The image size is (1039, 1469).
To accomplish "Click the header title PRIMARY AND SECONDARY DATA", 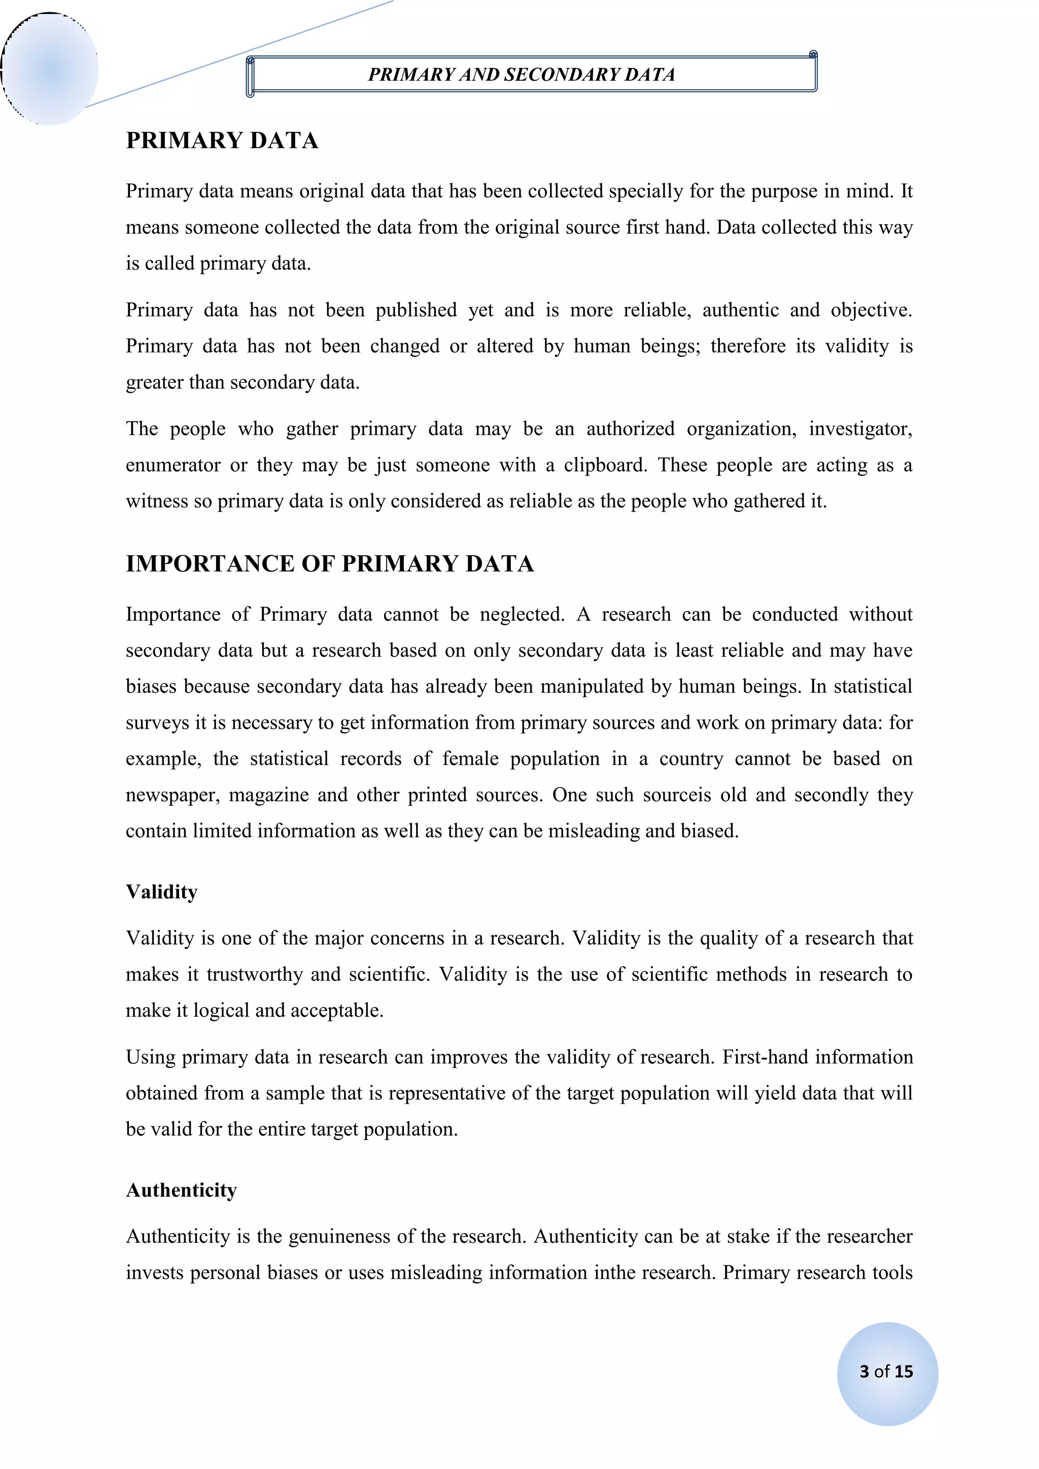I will click(522, 75).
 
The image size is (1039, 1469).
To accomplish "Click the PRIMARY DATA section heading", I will click(222, 141).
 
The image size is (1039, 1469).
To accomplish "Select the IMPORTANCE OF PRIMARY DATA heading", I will click(329, 564).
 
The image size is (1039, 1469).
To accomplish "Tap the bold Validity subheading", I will click(162, 892).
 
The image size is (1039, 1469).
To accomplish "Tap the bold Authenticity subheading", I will click(182, 1190).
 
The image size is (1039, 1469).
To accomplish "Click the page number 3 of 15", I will click(886, 1371).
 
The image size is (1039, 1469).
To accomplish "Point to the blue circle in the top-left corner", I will click(50, 69).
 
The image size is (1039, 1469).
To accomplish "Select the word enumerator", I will click(172, 465).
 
